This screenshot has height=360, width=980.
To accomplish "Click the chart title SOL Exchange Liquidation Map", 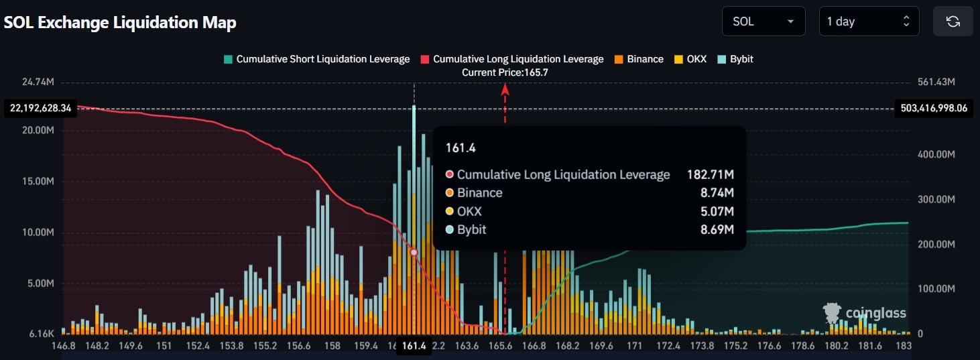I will [120, 22].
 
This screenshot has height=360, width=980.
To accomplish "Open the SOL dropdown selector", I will [763, 21].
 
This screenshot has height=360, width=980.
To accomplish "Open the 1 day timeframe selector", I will [868, 21].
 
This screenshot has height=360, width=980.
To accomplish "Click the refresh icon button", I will [953, 21].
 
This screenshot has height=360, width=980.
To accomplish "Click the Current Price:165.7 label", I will [505, 72].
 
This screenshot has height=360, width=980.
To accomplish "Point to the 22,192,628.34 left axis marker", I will [40, 108].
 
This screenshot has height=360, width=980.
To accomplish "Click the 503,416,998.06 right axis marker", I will [934, 108].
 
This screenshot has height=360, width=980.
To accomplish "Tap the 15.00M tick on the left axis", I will [38, 182].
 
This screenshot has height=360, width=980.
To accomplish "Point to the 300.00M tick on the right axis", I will [935, 199].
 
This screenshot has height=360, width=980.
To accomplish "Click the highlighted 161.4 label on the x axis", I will [414, 347].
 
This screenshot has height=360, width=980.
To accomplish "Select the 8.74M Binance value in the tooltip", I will [719, 193].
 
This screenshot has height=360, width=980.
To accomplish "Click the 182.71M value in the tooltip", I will [710, 175].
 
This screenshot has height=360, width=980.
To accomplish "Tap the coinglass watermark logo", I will [865, 313].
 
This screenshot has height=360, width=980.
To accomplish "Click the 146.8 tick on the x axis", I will [64, 347].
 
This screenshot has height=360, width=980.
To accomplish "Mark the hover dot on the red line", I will [414, 252].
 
